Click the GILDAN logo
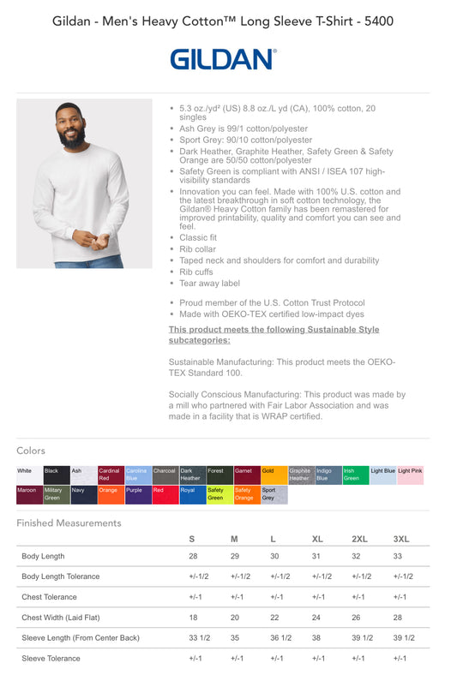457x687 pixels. [x=223, y=59]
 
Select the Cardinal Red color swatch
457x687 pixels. [x=111, y=475]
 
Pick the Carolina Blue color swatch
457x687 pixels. [x=138, y=475]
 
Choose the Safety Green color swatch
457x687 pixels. [x=219, y=494]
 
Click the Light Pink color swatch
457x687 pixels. [x=410, y=475]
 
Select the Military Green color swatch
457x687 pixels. [x=56, y=494]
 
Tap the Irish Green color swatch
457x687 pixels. [x=355, y=475]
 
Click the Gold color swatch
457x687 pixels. [x=274, y=475]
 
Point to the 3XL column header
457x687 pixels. [x=400, y=539]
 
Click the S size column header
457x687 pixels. [x=192, y=539]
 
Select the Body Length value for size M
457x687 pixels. [x=234, y=557]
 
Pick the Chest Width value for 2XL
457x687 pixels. [x=356, y=618]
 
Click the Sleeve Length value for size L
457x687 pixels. [x=280, y=638]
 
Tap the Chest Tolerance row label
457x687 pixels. [x=49, y=597]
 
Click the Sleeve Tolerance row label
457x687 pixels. [x=51, y=659]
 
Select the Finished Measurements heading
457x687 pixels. [x=69, y=523]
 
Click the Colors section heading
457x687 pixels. [x=31, y=451]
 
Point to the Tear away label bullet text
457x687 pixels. [x=209, y=283]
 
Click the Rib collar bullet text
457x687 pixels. [x=198, y=249]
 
